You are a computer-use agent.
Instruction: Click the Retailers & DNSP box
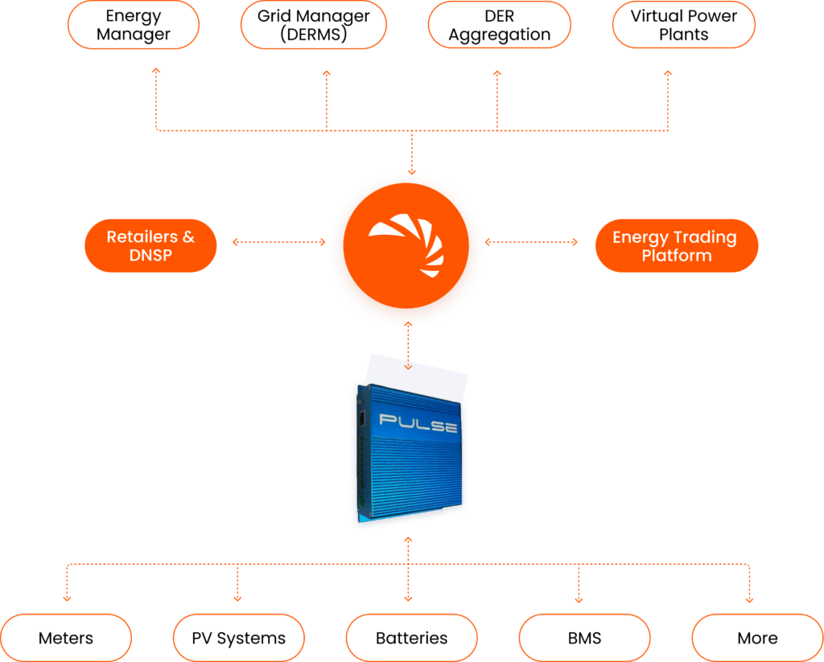tap(150, 245)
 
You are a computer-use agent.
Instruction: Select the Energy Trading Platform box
tap(676, 245)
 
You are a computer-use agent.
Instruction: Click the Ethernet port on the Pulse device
tap(362, 418)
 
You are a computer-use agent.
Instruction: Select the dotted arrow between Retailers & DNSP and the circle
tap(278, 241)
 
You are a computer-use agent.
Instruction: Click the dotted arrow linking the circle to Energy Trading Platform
tap(531, 241)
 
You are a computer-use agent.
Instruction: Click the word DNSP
tap(150, 256)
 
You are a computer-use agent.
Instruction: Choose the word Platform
tap(676, 256)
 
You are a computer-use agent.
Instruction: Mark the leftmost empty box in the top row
tap(133, 25)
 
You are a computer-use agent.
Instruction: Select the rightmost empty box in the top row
tap(683, 25)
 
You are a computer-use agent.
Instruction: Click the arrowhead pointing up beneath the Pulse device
tap(408, 541)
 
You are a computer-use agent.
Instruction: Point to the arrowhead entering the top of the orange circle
tap(411, 172)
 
